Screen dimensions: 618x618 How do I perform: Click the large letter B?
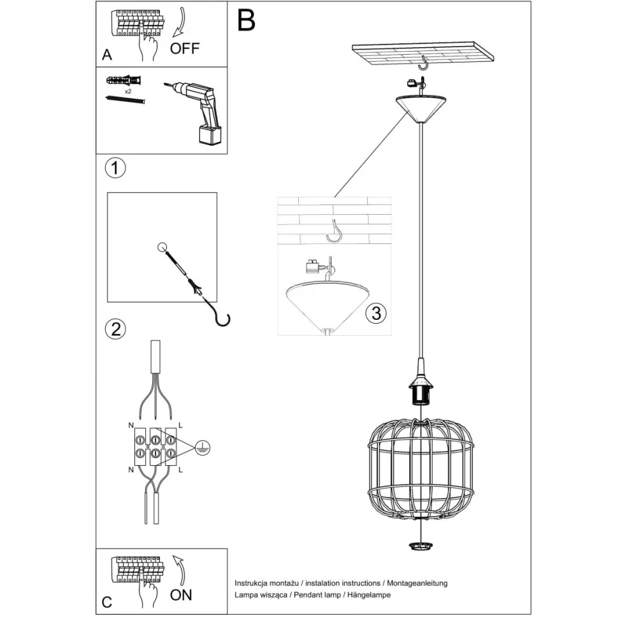246,20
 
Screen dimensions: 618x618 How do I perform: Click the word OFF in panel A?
185,48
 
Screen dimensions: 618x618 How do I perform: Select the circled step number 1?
115,168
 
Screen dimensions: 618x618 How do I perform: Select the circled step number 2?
115,329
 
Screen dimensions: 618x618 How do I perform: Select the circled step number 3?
376,313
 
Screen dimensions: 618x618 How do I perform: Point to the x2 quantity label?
128,92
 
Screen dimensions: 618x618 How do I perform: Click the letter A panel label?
107,55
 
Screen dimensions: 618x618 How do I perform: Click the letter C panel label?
107,601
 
